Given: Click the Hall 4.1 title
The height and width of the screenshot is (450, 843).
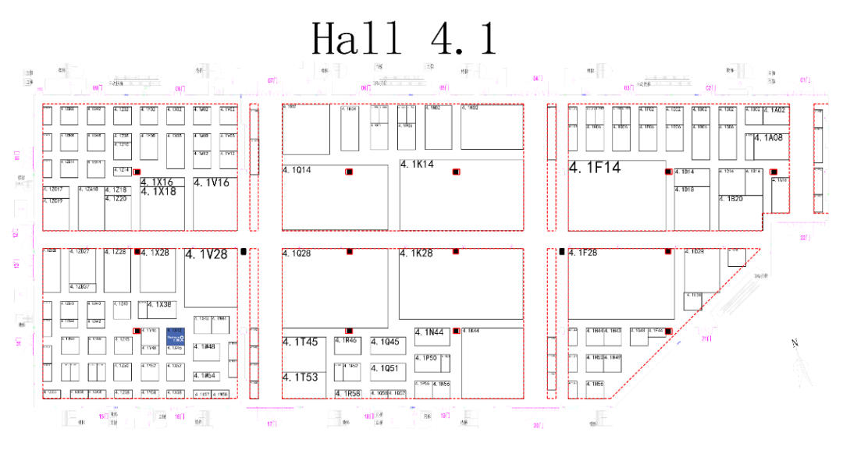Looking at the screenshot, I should pyautogui.click(x=404, y=38).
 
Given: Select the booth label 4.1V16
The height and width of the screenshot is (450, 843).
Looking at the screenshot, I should pyautogui.click(x=212, y=182).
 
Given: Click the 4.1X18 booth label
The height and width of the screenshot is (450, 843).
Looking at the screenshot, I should pyautogui.click(x=158, y=192).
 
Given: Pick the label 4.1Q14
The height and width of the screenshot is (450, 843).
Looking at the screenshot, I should pyautogui.click(x=297, y=170).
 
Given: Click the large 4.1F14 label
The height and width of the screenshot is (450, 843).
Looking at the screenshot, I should pyautogui.click(x=595, y=167).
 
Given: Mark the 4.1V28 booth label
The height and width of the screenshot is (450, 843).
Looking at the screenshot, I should pyautogui.click(x=206, y=254).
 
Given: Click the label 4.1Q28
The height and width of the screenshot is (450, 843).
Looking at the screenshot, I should pyautogui.click(x=297, y=254).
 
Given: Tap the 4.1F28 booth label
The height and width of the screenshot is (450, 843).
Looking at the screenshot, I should pyautogui.click(x=583, y=253).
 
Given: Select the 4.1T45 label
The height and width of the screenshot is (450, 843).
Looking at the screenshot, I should pyautogui.click(x=301, y=342).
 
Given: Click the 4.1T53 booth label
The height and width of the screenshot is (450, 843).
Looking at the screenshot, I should pyautogui.click(x=301, y=377).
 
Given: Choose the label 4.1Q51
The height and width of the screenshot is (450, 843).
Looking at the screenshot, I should pyautogui.click(x=384, y=369).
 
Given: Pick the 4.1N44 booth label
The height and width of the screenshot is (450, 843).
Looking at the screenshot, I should pyautogui.click(x=429, y=333).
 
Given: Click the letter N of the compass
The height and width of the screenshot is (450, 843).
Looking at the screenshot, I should pyautogui.click(x=795, y=344).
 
